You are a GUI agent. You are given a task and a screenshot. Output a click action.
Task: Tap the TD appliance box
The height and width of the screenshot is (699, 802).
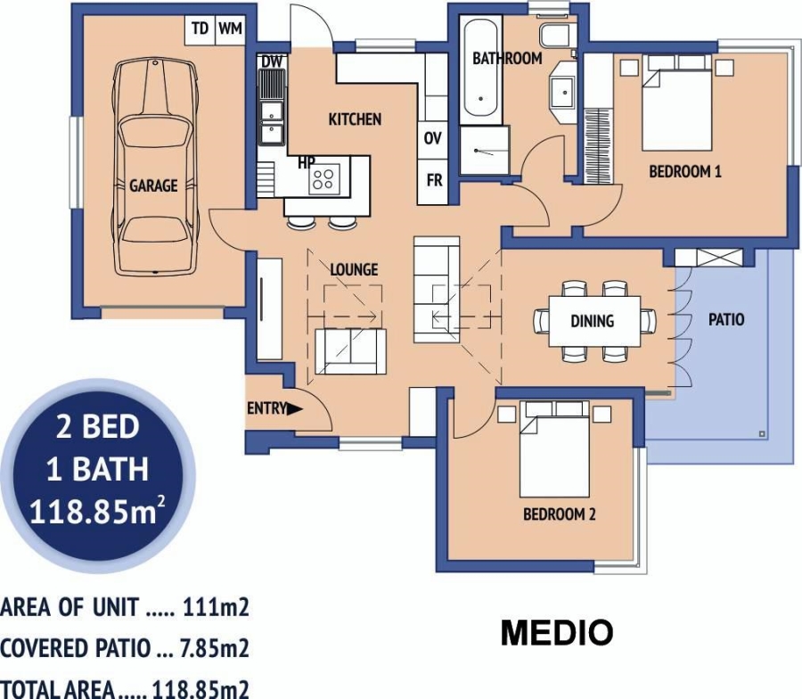click(200, 29)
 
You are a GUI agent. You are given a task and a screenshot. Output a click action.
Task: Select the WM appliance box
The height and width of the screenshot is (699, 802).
click(230, 29)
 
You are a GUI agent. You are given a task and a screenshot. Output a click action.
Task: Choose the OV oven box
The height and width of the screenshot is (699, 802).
click(433, 138)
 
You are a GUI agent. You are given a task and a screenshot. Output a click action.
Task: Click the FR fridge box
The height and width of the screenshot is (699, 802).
click(434, 180)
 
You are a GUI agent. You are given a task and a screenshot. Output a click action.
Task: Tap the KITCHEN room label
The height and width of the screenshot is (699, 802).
click(355, 119)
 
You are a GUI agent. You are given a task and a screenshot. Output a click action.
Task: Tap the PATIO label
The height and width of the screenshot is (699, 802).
click(726, 319)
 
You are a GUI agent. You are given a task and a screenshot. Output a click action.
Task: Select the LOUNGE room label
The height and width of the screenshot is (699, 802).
click(354, 269)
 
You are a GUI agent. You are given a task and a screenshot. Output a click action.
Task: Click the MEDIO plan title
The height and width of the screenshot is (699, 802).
click(556, 633)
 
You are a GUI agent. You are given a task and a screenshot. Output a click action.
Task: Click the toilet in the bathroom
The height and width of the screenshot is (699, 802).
click(556, 35)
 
